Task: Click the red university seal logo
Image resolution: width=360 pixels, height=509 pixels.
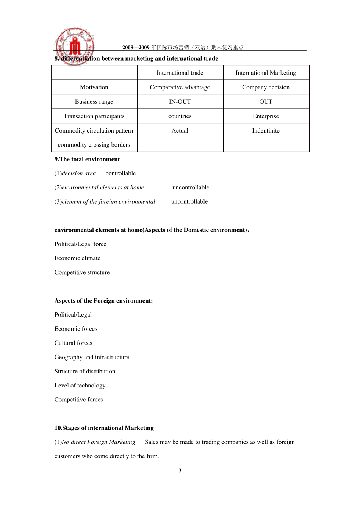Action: (x=75, y=46)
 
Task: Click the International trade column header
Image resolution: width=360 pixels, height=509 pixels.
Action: (x=180, y=73)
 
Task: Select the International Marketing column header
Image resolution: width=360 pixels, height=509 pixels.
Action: (x=266, y=73)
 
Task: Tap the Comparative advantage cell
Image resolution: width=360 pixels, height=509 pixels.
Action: (x=180, y=87)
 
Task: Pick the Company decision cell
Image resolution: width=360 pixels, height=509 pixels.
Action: (x=266, y=87)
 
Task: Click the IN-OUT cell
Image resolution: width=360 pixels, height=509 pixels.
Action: (x=180, y=101)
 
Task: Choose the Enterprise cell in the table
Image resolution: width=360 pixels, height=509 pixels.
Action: (x=266, y=116)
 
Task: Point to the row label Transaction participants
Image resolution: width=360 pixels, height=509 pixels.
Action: (x=94, y=116)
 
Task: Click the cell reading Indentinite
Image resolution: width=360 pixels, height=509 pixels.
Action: (x=266, y=130)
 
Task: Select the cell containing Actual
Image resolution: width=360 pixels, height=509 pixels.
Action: (x=180, y=130)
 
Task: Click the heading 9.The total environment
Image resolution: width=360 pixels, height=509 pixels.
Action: (x=87, y=159)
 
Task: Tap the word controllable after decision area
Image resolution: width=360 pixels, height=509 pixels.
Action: (x=121, y=173)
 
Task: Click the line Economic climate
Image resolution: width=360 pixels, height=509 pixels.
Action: (x=77, y=258)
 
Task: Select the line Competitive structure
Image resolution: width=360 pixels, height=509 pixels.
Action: (x=82, y=272)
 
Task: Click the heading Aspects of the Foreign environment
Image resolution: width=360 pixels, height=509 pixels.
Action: (x=103, y=300)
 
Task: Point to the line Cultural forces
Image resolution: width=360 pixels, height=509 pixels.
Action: (x=73, y=343)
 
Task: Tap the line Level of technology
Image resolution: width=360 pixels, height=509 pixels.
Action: (x=80, y=385)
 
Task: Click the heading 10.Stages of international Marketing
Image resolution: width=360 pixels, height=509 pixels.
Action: (x=104, y=428)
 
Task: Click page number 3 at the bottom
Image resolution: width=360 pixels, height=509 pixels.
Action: (x=180, y=470)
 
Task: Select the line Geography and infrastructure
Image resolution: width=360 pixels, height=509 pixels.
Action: (x=92, y=357)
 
